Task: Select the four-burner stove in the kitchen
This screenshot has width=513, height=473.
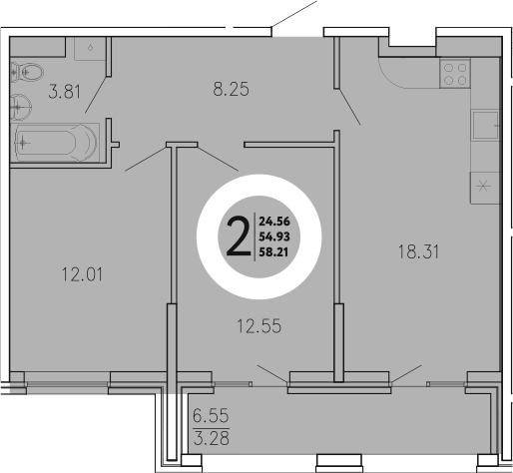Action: [455, 74]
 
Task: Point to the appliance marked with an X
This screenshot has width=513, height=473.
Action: [484, 185]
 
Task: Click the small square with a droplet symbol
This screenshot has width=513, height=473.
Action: [91, 48]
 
